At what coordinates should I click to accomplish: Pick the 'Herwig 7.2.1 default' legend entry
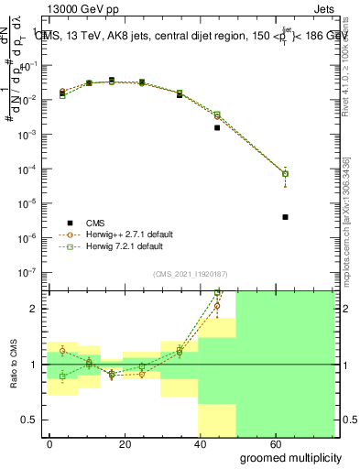coord(125,246)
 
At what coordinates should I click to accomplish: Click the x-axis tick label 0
coord(49,444)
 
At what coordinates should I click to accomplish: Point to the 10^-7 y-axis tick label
coord(27,272)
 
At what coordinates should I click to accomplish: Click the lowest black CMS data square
coord(286,217)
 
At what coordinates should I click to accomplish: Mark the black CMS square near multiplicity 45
coord(217,127)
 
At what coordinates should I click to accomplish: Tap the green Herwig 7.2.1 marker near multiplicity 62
coord(286,173)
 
